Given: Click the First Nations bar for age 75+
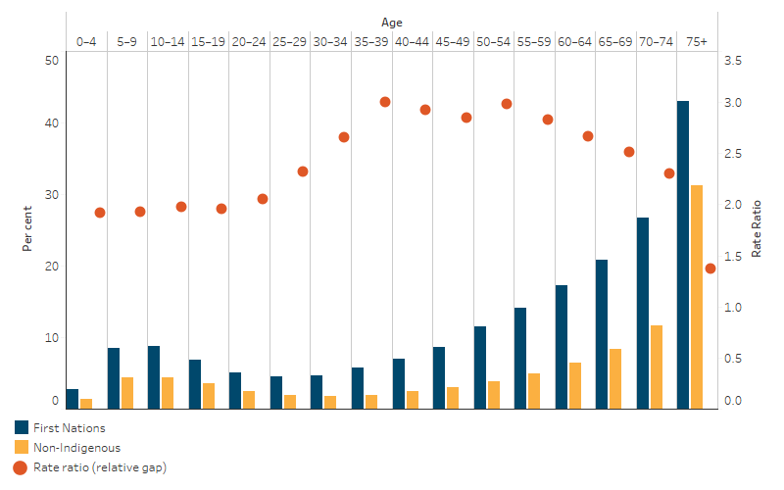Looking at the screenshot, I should point(683,255).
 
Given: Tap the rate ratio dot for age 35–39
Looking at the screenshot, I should point(385,102).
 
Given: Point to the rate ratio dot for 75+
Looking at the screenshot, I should point(710,269).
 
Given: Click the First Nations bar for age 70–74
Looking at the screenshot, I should point(643,313).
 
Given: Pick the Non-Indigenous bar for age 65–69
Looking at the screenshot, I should point(615,378).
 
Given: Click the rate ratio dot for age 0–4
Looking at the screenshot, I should point(100,213).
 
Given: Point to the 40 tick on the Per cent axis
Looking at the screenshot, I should point(53,123).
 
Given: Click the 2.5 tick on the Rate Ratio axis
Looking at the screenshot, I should point(732,154).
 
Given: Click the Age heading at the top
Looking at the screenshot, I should point(392,22).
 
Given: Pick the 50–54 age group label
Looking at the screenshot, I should point(492,42).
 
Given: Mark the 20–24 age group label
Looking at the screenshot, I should point(248,42).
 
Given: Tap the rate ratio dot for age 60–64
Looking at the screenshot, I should point(588,136).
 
